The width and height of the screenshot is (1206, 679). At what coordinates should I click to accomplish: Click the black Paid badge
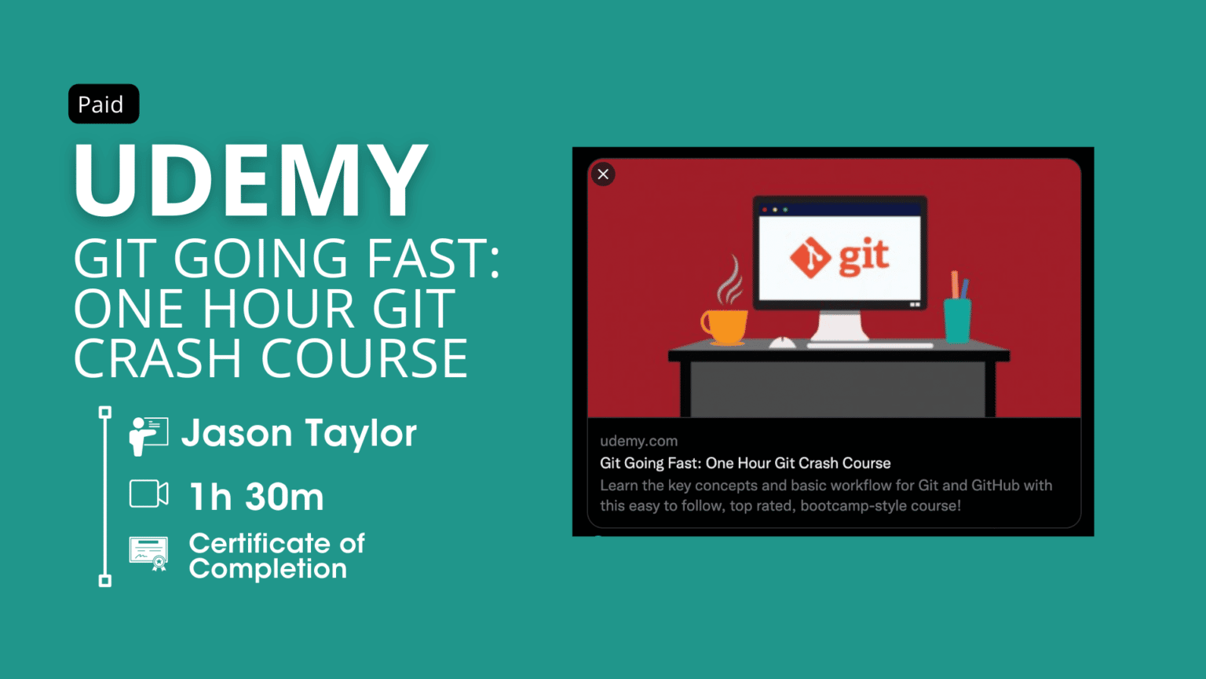[104, 104]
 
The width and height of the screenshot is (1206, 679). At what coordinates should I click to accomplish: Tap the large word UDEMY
[250, 181]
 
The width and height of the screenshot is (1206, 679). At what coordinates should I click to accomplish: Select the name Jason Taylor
[298, 433]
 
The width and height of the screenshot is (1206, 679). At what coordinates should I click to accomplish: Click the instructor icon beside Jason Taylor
[148, 435]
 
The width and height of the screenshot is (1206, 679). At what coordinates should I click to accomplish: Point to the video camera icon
[148, 494]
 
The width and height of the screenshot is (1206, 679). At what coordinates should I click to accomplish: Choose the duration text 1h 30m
[256, 497]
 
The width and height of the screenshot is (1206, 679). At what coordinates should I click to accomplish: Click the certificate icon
[148, 553]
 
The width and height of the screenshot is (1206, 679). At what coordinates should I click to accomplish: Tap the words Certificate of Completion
[276, 556]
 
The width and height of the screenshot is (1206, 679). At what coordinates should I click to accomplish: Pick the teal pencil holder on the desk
[957, 320]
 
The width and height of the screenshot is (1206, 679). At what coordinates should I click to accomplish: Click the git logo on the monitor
[839, 257]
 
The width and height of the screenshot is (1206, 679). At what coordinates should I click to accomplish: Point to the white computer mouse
[782, 343]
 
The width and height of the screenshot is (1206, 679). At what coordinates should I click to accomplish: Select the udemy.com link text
[638, 441]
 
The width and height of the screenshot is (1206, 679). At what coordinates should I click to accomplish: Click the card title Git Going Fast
[745, 463]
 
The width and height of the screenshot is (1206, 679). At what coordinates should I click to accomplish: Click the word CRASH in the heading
[157, 359]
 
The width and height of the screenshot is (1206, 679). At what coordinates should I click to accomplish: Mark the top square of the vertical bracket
[105, 412]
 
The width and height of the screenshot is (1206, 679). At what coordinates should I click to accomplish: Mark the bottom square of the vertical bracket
[105, 581]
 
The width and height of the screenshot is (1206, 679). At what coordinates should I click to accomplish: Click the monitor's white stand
[839, 325]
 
